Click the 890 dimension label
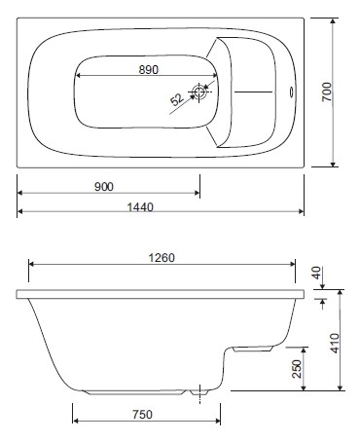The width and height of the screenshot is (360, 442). (x=148, y=70)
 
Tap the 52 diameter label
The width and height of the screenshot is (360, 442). (x=177, y=99)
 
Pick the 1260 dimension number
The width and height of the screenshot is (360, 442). (x=161, y=258)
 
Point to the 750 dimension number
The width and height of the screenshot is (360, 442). (x=142, y=415)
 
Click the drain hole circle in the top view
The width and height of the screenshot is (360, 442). (x=200, y=93)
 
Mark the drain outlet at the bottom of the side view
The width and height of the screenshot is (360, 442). (x=202, y=394)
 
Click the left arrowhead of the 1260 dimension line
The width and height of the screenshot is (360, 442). (x=33, y=263)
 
